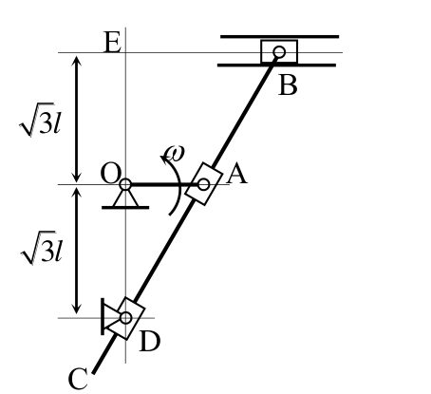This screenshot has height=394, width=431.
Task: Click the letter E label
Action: tap(112, 43)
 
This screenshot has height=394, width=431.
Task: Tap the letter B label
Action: tap(288, 85)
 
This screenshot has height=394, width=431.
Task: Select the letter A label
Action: tap(237, 174)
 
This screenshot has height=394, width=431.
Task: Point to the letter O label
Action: tap(110, 174)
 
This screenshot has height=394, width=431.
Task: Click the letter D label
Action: tap(150, 341)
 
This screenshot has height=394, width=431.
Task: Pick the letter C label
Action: tap(78, 379)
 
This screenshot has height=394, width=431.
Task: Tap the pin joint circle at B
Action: tap(279, 52)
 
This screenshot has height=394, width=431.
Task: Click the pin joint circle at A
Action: tap(203, 184)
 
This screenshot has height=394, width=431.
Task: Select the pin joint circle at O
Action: tap(125, 184)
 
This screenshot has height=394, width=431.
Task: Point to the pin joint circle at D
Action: tap(126, 318)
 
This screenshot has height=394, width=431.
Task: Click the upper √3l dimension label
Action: tap(40, 120)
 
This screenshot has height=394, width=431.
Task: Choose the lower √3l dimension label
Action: tap(41, 248)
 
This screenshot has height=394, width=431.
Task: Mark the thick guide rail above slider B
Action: tap(280, 37)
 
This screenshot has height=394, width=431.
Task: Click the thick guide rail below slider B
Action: tap(276, 66)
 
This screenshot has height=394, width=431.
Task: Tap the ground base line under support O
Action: tap(125, 208)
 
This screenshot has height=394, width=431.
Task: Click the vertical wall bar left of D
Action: tap(103, 316)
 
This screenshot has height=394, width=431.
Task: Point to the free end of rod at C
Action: tap(93, 373)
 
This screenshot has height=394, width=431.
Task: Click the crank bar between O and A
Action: tap(164, 184)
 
